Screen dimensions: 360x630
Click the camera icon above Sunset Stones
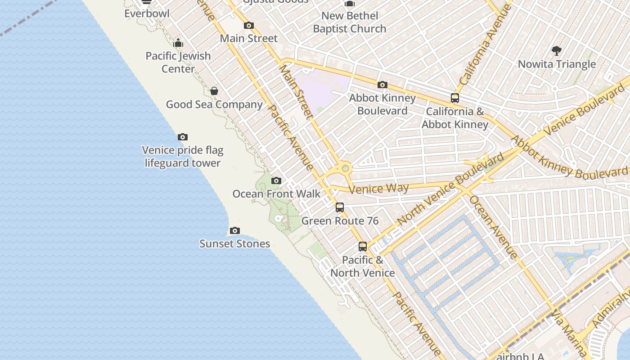click(235, 231)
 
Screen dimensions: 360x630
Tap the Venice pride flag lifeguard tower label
click(183, 157)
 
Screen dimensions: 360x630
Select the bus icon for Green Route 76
click(340, 207)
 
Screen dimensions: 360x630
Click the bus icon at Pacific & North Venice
click(363, 247)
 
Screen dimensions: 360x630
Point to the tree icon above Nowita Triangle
click(557, 50)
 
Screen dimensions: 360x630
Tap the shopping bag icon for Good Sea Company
click(214, 91)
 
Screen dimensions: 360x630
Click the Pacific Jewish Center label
click(178, 62)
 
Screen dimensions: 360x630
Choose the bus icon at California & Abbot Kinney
click(455, 98)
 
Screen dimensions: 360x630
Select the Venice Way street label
click(378, 188)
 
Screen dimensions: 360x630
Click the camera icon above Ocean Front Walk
click(276, 181)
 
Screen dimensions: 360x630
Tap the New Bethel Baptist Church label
click(350, 22)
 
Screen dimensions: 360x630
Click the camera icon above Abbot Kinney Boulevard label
click(382, 85)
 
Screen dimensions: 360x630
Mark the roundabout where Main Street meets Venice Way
click(345, 169)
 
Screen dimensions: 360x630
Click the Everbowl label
click(147, 13)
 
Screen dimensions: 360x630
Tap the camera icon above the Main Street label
click(249, 26)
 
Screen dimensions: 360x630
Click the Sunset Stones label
click(235, 244)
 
